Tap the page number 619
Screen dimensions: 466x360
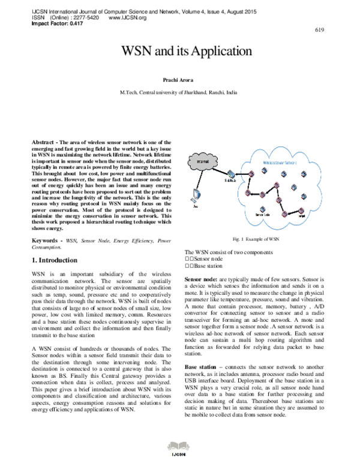click(x=319, y=29)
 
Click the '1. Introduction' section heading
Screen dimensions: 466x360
click(x=53, y=260)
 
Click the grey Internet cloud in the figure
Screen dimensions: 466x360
click(x=199, y=160)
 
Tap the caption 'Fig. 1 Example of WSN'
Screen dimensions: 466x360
click(x=256, y=238)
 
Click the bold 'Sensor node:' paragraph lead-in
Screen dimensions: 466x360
click(x=200, y=280)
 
